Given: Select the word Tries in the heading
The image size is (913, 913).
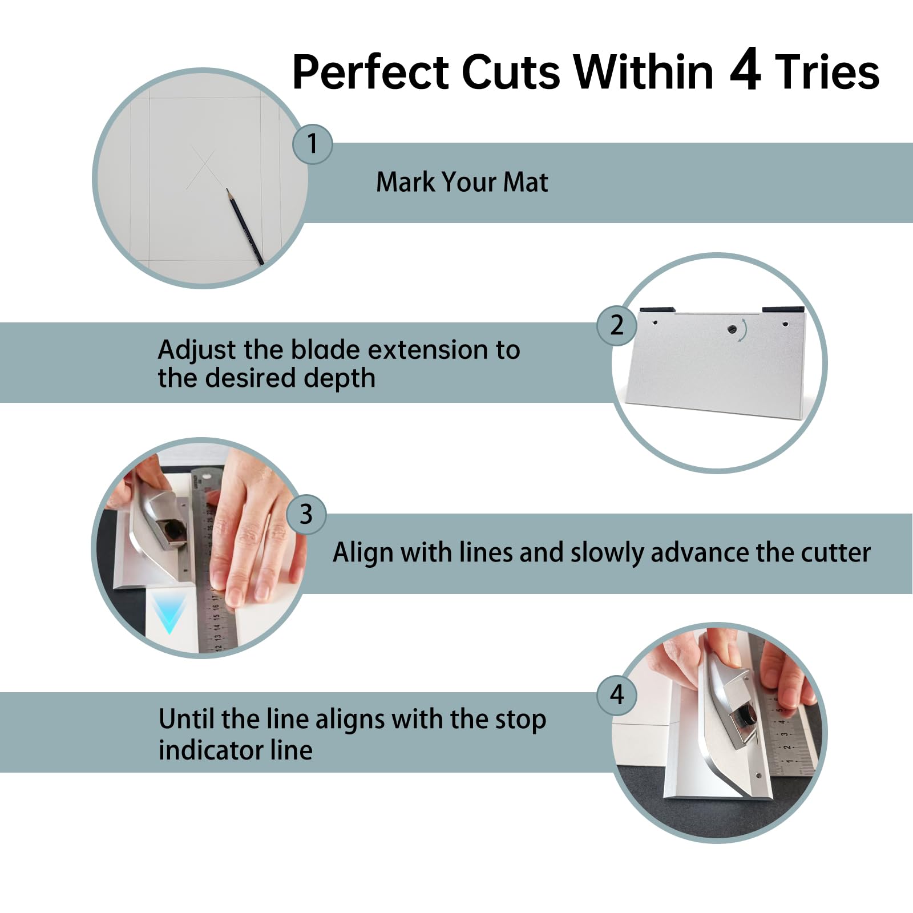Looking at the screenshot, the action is [x=827, y=72].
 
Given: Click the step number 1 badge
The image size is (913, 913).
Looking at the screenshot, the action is [x=312, y=144].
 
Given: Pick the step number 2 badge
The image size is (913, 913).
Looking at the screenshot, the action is [x=617, y=325].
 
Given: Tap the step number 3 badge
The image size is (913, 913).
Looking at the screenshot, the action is [x=306, y=514].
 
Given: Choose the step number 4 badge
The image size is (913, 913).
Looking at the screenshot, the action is [x=617, y=695].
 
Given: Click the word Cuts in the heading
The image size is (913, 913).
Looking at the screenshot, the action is [x=511, y=72].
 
